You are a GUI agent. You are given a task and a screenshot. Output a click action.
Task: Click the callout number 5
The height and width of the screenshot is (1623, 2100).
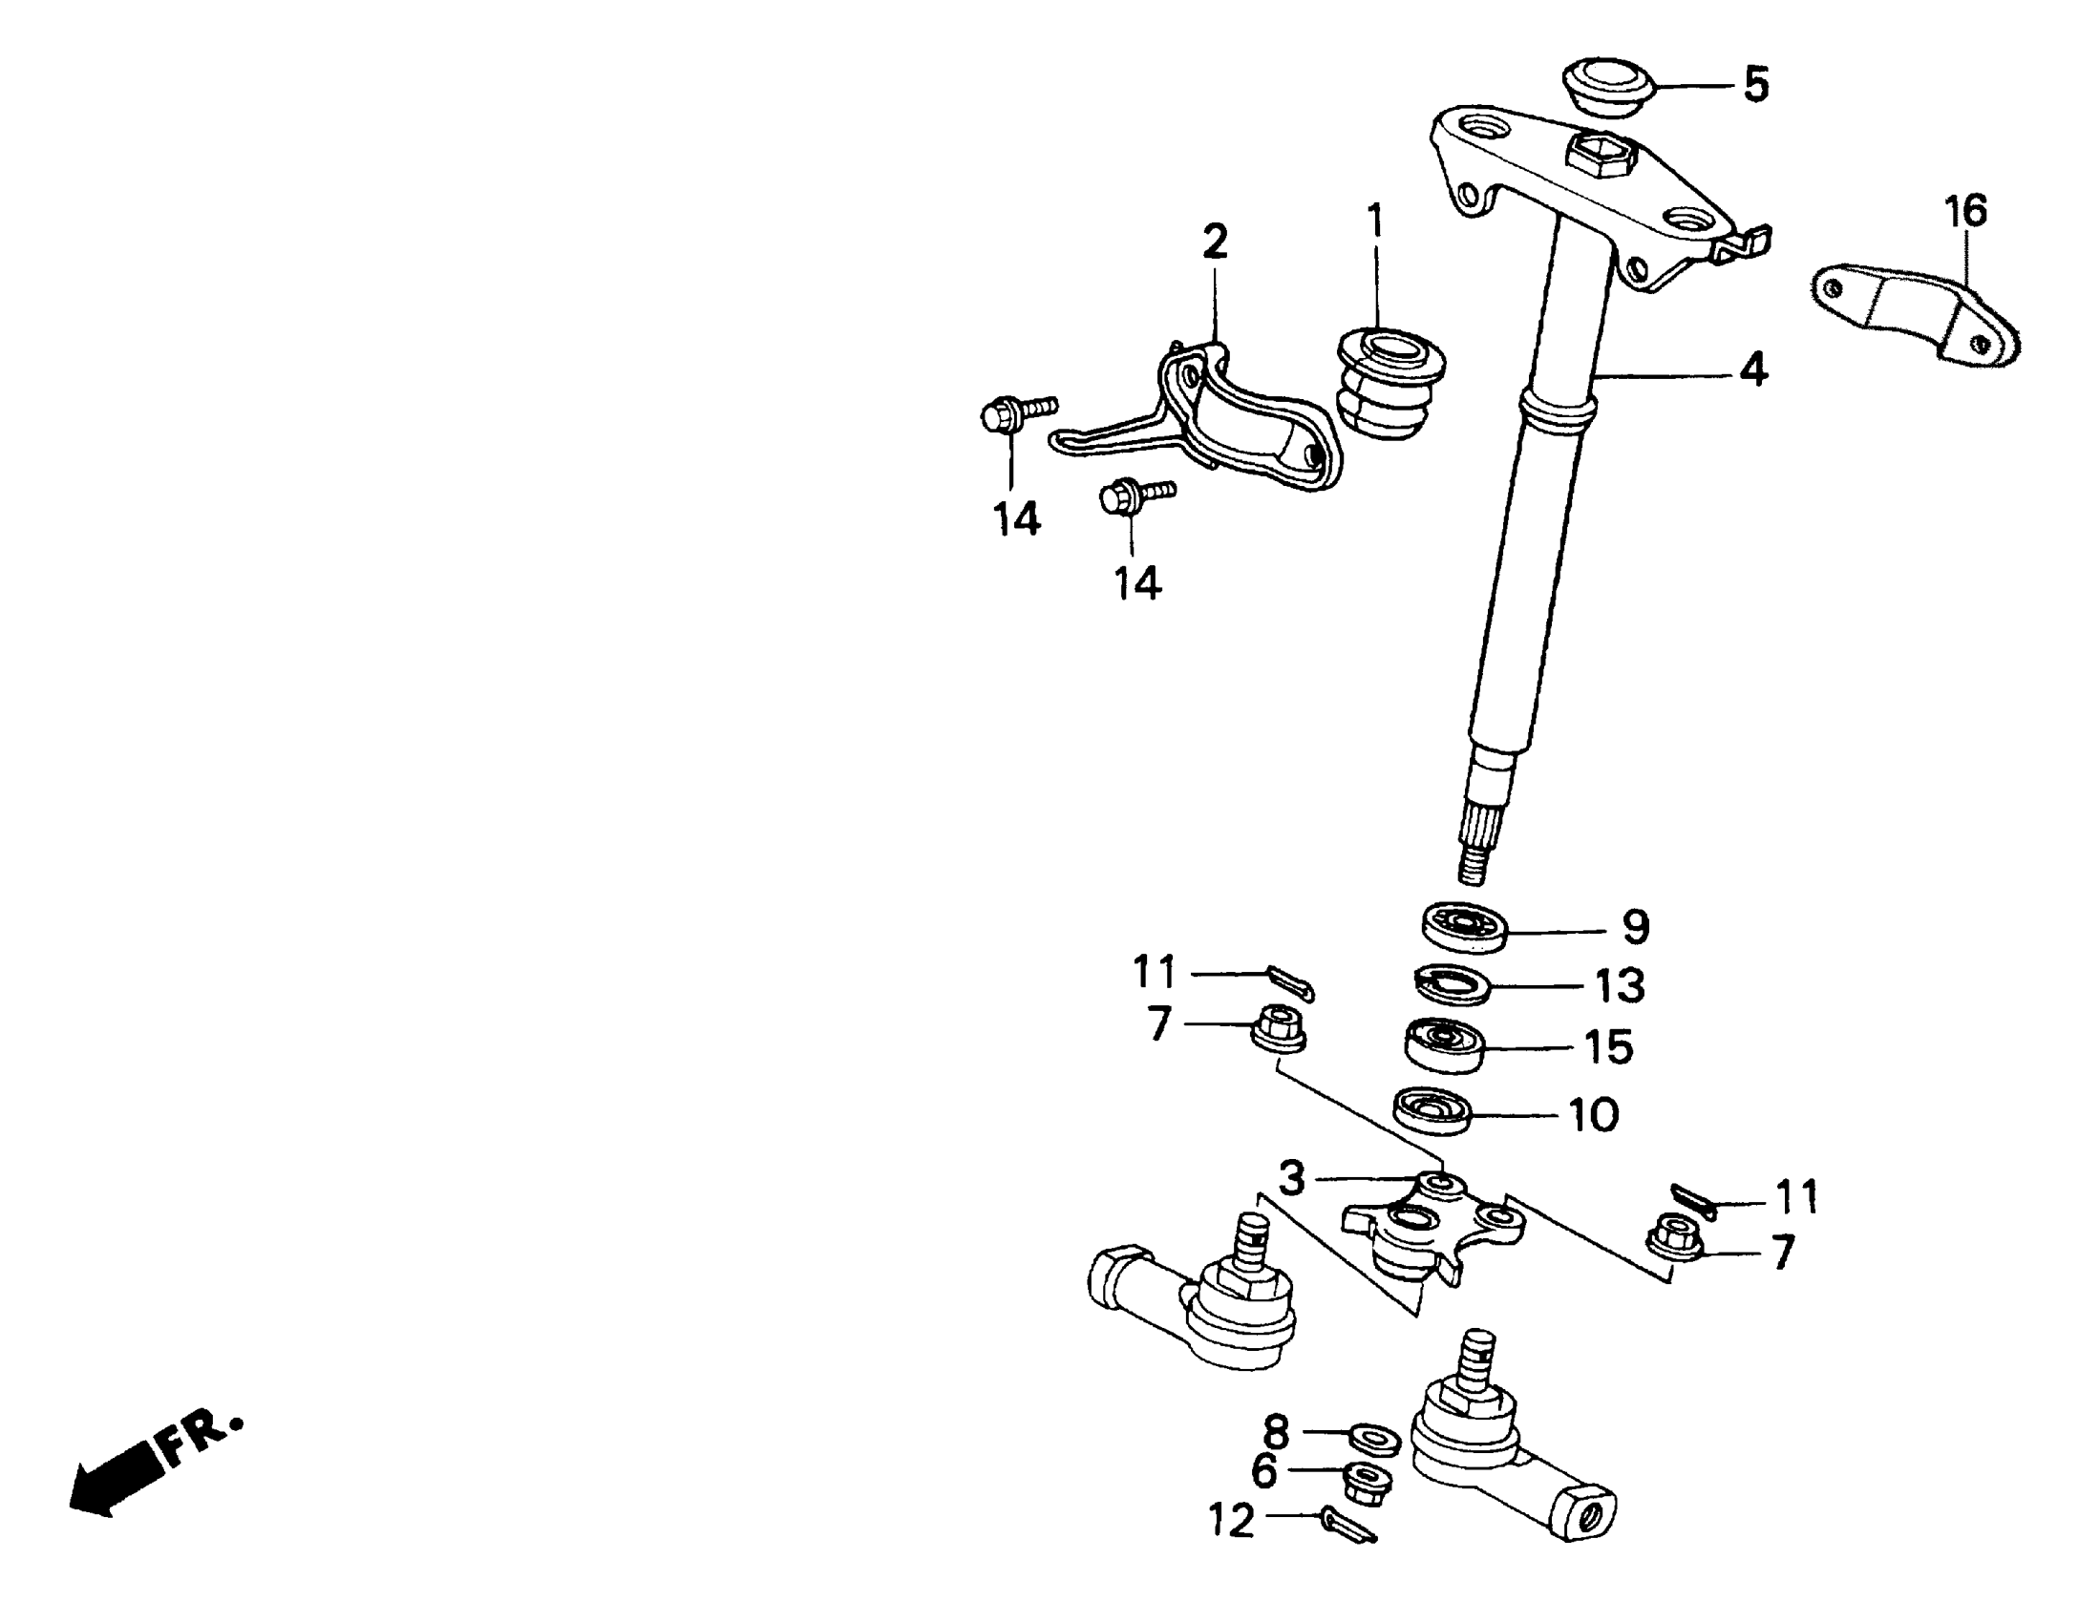point(1756,85)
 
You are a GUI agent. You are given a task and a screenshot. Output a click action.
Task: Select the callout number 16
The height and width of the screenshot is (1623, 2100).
point(1965,211)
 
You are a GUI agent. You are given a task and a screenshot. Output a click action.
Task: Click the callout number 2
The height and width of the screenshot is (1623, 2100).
point(1216,242)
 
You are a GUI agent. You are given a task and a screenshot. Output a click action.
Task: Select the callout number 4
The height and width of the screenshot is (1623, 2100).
point(1754,369)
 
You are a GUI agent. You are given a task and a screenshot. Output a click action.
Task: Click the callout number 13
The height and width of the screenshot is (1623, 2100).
point(1621,985)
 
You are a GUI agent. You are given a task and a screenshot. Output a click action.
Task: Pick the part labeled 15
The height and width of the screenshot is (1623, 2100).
point(1446,1045)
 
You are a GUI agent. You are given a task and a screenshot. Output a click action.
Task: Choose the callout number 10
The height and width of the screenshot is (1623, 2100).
point(1593,1115)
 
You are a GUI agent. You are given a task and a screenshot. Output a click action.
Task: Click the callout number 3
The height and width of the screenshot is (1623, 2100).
point(1291,1178)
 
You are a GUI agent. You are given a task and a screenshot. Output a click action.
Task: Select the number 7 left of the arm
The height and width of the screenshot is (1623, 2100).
point(1159,1024)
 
